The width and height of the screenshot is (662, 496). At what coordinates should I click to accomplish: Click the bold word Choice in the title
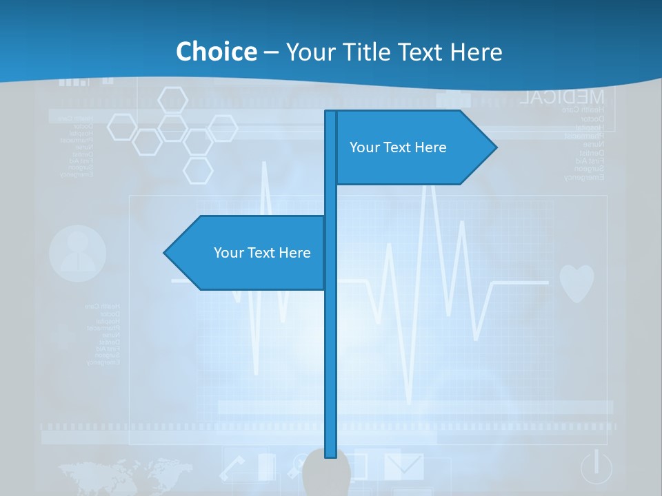(216, 52)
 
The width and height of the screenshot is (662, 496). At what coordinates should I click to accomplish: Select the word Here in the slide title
(476, 52)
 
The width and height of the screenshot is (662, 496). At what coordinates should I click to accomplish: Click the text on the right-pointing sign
(398, 147)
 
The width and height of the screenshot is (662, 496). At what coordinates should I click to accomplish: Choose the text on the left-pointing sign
(262, 253)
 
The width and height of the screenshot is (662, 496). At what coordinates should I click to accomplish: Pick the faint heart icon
(576, 282)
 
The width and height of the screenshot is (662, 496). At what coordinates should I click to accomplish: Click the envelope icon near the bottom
(403, 466)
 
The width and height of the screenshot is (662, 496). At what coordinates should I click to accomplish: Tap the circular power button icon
(596, 467)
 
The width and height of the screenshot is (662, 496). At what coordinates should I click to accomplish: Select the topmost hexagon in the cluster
(172, 101)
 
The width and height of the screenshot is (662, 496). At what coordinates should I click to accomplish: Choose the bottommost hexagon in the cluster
(198, 170)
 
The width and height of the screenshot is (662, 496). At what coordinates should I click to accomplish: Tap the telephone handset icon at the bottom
(233, 468)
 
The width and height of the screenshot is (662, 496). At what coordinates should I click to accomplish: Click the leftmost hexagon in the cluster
(121, 127)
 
